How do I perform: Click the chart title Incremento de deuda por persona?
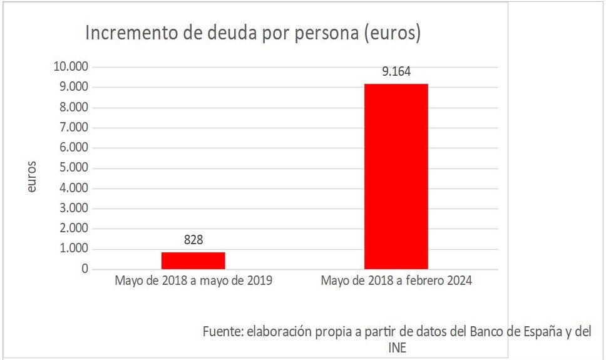(x=252, y=34)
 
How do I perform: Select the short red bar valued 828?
(x=193, y=260)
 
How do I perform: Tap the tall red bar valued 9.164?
(x=396, y=177)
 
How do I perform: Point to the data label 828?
(x=193, y=240)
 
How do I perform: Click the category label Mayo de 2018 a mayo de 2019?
(x=193, y=281)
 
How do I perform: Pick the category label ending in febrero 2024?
(x=396, y=281)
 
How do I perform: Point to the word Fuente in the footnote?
(x=222, y=332)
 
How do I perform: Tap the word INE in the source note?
(x=398, y=347)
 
